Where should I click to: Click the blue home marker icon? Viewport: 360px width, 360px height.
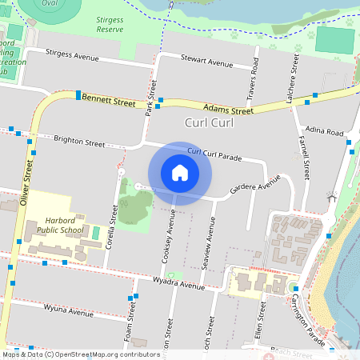[x=180, y=173]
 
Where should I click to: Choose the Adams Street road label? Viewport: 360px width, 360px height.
[x=228, y=109]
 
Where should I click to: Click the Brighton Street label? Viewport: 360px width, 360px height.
[x=79, y=142]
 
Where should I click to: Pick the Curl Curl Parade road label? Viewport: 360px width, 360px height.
[x=214, y=153]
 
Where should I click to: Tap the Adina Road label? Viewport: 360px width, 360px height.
[x=325, y=131]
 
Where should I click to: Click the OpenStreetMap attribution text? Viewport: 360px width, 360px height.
[x=80, y=354]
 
